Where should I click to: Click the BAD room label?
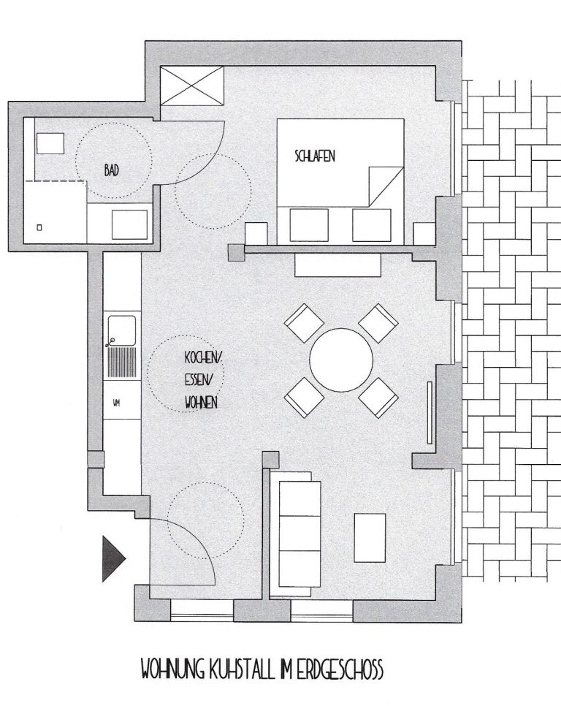pos(112,170)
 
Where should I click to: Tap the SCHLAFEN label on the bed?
pos(315,156)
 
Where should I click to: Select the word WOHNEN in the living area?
pos(201,402)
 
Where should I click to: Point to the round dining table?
pos(341,360)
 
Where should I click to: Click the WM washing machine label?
pos(117,403)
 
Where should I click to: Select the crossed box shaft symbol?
pos(192,86)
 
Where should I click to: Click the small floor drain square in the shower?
pos(39,228)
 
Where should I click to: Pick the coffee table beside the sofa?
pos(370,538)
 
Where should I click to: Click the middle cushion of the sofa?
pos(299,533)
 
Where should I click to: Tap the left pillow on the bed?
pos(308,225)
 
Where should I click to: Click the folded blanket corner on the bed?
pos(386,186)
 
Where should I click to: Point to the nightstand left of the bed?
pos(256,234)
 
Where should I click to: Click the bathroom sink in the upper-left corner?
pos(50,143)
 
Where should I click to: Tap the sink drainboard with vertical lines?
pos(121,362)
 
